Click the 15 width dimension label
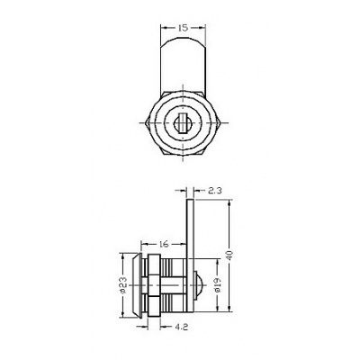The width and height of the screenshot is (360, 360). click(x=183, y=28)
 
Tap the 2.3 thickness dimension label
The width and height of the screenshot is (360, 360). click(x=214, y=190)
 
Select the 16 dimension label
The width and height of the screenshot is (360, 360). click(x=164, y=244)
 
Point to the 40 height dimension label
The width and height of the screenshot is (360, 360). click(x=230, y=256)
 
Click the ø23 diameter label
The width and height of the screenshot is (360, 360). click(x=123, y=285)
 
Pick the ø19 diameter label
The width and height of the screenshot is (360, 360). click(x=217, y=285)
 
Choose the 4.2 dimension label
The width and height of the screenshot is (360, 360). click(x=181, y=327)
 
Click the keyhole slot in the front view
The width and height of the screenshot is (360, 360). click(x=181, y=123)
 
